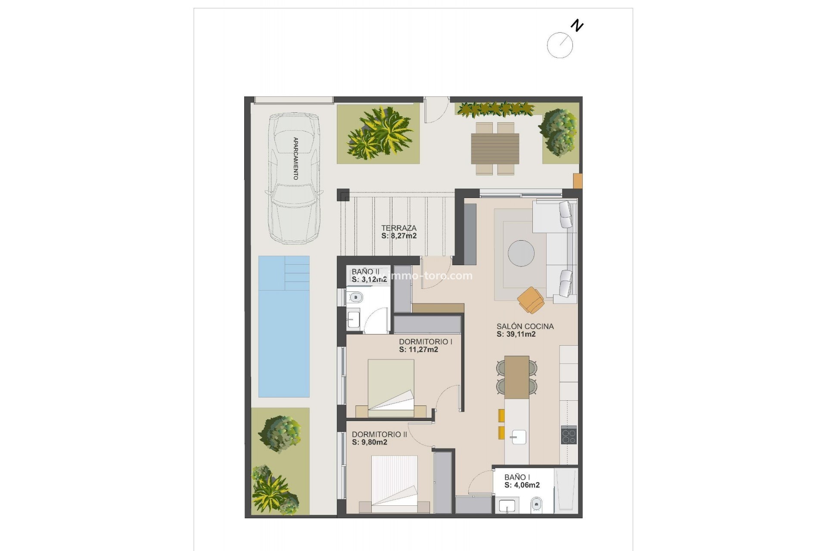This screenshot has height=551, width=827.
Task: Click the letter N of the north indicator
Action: click(577, 26)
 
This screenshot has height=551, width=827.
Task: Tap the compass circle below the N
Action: click(560, 45)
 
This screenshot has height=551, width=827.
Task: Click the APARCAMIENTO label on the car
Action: click(295, 158)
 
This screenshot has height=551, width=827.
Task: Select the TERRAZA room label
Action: click(398, 228)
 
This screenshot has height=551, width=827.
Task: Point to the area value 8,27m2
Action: click(399, 236)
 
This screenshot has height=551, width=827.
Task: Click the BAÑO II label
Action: click(365, 272)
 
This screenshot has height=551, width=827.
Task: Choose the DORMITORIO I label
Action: click(425, 342)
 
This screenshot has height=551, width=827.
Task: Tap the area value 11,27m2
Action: click(418, 350)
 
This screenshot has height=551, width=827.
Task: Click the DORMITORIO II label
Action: click(379, 434)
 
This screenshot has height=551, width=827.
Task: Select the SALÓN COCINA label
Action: click(525, 326)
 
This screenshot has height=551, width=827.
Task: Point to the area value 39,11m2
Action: click(516, 334)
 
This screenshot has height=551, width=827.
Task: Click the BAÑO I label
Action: click(517, 477)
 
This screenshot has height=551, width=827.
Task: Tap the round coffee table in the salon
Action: click(521, 253)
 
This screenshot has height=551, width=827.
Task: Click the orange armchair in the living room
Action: click(531, 300)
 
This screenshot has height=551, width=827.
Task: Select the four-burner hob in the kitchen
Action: click(569, 435)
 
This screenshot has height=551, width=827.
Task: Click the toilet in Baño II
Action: click(356, 297)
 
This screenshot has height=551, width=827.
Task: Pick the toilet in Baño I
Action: click(537, 504)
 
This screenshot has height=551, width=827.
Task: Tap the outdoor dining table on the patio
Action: click(495, 149)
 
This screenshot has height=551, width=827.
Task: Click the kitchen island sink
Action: click(518, 437)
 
